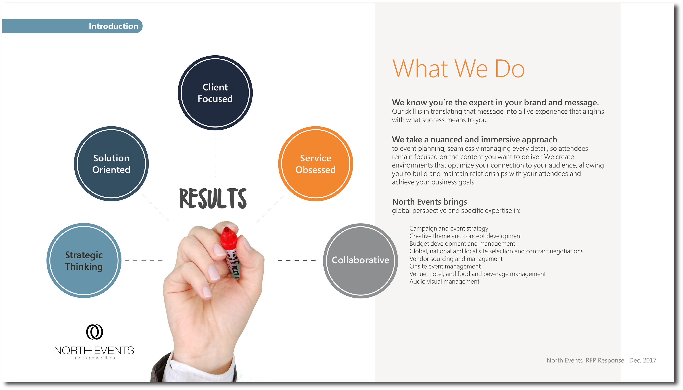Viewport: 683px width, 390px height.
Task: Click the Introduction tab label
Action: (113, 26)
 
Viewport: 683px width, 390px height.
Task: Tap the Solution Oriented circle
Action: (111, 164)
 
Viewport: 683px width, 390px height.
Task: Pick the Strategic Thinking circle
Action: (84, 260)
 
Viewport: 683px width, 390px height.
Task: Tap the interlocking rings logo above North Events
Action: (94, 332)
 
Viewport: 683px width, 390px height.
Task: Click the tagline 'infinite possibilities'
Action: (94, 358)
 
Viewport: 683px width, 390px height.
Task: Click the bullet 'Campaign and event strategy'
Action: (449, 228)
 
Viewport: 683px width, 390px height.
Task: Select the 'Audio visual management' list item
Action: (444, 282)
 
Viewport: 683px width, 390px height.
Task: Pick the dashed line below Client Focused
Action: (215, 157)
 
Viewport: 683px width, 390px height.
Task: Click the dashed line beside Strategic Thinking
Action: (144, 260)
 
